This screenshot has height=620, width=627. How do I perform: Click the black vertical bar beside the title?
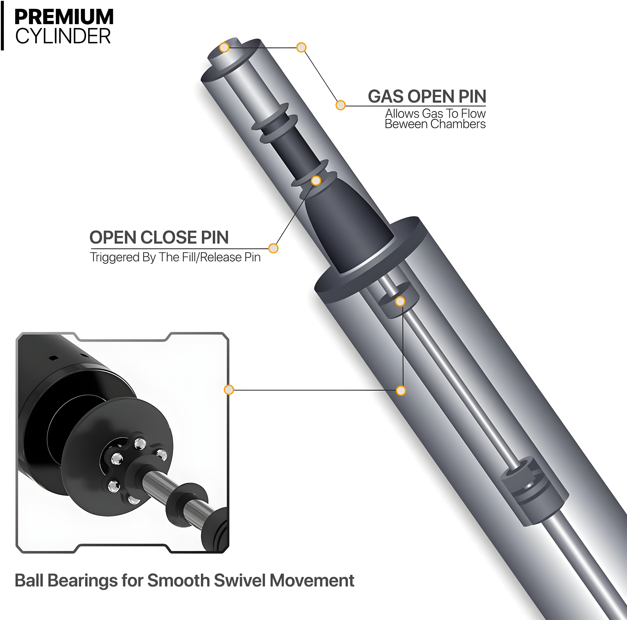2,25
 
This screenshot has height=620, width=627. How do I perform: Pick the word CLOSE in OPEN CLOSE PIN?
169,238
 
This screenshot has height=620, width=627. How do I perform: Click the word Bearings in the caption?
83,581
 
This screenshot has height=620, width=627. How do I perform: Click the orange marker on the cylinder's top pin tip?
224,47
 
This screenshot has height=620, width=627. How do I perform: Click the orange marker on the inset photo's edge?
229,390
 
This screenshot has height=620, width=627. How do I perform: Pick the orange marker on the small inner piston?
400,301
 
